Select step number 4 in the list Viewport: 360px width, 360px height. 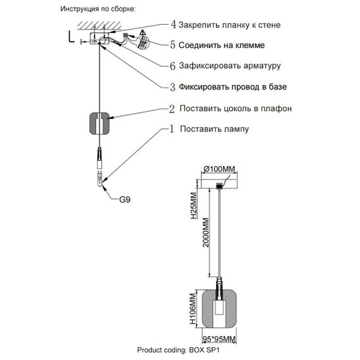tap(174, 25)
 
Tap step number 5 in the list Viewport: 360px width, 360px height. tap(174, 45)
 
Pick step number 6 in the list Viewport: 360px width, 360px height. tap(174, 66)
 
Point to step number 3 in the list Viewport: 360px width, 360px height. tap(174, 87)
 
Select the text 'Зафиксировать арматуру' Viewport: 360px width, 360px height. tap(229, 66)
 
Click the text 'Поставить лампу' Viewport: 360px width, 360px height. tap(214, 130)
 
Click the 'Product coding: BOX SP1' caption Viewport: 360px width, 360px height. tap(180, 349)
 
